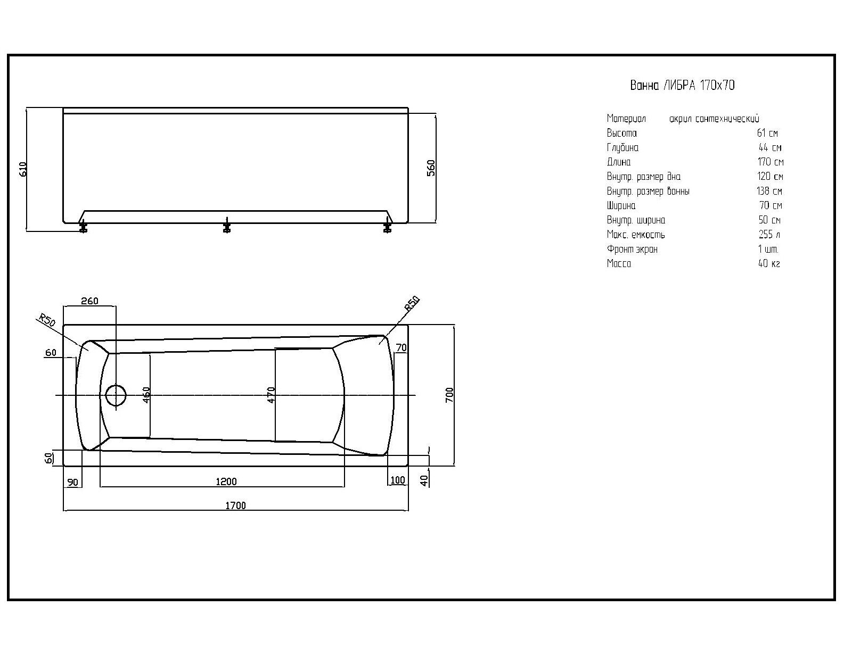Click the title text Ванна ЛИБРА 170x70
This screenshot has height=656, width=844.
click(683, 85)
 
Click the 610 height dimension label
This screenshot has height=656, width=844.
click(23, 170)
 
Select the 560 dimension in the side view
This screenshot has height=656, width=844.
click(431, 168)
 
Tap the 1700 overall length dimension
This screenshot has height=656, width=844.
click(236, 505)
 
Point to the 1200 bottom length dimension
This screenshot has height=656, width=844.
click(226, 481)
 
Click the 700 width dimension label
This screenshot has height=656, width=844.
click(449, 395)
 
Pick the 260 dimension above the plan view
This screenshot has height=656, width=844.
click(89, 301)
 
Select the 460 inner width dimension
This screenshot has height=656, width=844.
click(146, 395)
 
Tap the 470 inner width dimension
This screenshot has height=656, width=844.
click(271, 395)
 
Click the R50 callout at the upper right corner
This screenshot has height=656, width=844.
click(412, 304)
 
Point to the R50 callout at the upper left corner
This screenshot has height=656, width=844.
click(47, 320)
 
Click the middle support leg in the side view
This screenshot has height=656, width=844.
click(227, 226)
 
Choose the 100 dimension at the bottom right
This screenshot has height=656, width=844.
click(397, 480)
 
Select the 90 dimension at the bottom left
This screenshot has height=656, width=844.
click(72, 482)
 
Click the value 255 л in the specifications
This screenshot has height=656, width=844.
click(769, 234)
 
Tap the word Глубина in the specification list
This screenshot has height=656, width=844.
click(622, 148)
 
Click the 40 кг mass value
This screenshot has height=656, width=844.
click(769, 263)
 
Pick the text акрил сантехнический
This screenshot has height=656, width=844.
click(714, 119)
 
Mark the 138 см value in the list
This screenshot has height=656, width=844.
click(769, 191)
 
